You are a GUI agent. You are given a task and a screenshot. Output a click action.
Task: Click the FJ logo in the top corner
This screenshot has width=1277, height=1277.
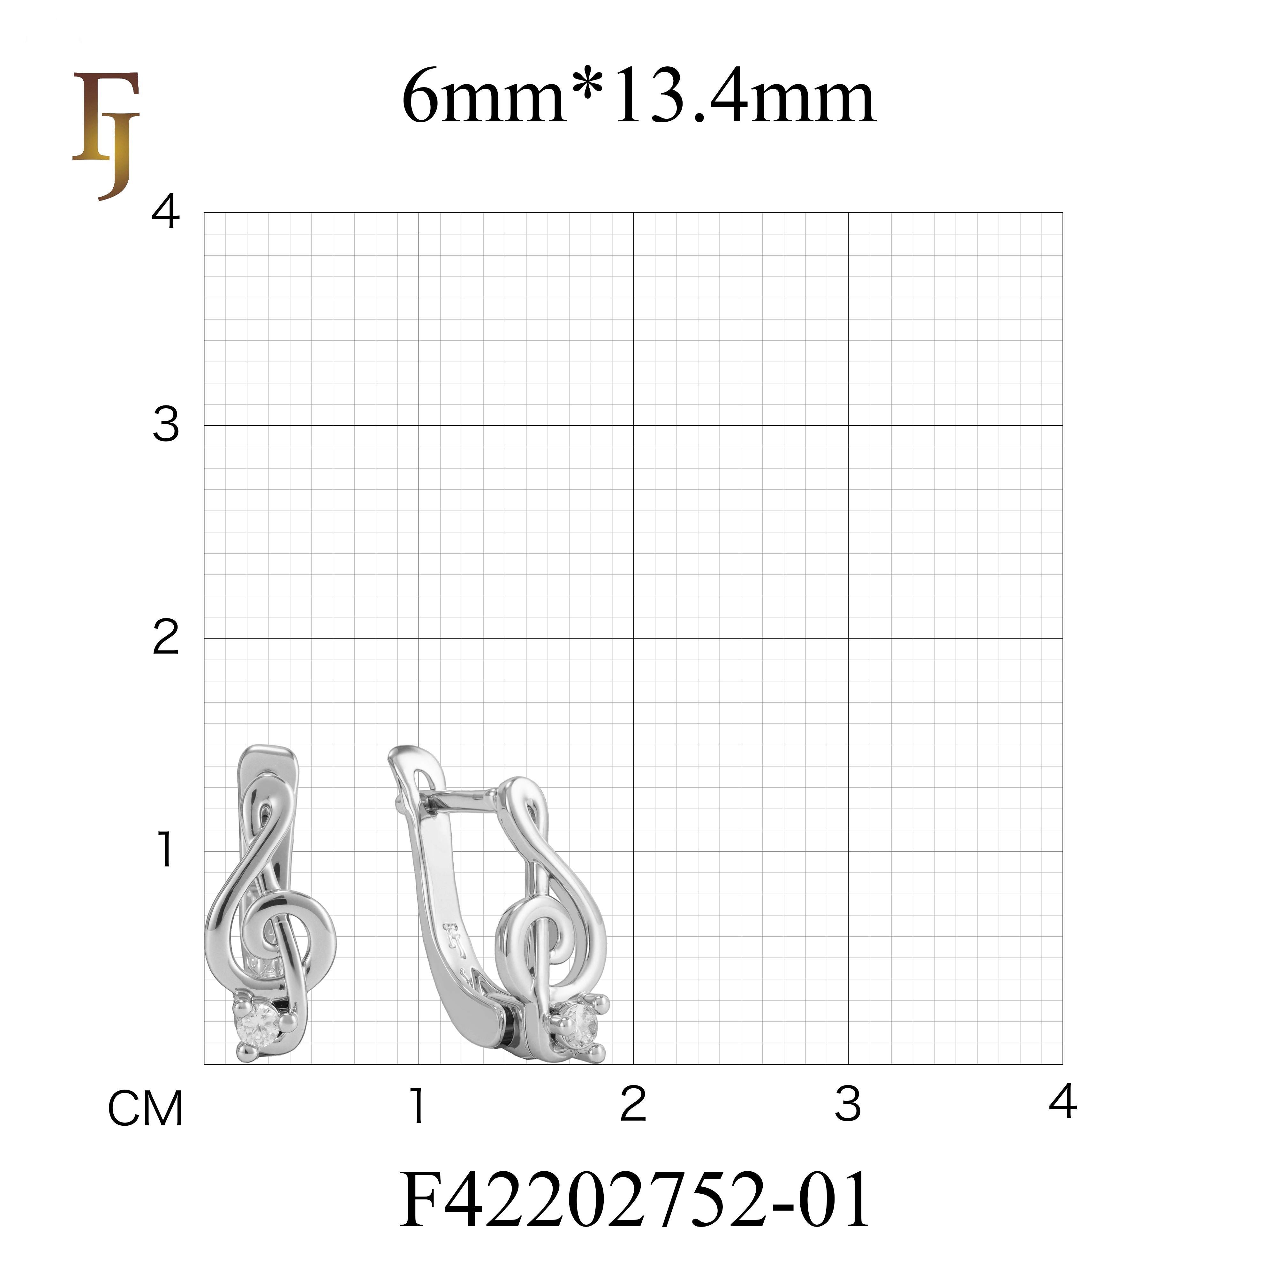click(106, 135)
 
